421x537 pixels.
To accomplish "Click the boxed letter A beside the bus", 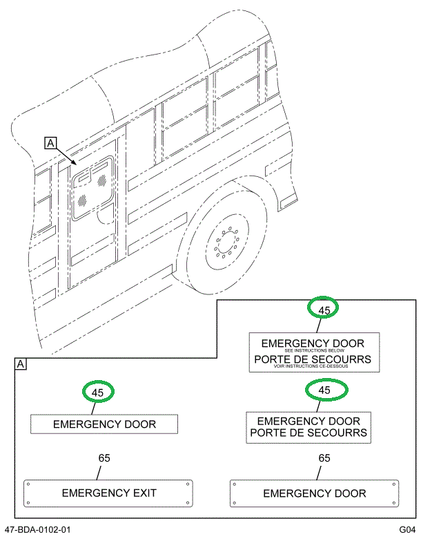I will (x=50, y=143).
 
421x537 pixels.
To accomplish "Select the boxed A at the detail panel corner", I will (x=21, y=364).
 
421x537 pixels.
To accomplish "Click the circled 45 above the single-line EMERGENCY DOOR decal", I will (x=98, y=392).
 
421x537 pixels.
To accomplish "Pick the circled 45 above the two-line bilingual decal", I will (x=324, y=390).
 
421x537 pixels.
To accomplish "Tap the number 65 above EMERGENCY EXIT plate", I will (x=104, y=458).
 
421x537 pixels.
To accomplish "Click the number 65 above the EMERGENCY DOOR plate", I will (x=324, y=458).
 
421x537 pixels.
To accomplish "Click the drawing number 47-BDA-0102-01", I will (x=37, y=529).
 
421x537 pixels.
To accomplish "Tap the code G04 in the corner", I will (x=407, y=529).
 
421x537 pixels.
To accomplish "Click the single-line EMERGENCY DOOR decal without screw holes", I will (x=104, y=424).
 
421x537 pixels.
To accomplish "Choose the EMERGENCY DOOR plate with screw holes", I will (x=315, y=493).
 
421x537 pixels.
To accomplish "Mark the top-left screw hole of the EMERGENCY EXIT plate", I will (x=28, y=484).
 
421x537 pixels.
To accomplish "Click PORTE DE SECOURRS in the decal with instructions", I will (x=312, y=359).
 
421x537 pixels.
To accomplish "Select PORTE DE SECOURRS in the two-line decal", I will (x=309, y=433).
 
